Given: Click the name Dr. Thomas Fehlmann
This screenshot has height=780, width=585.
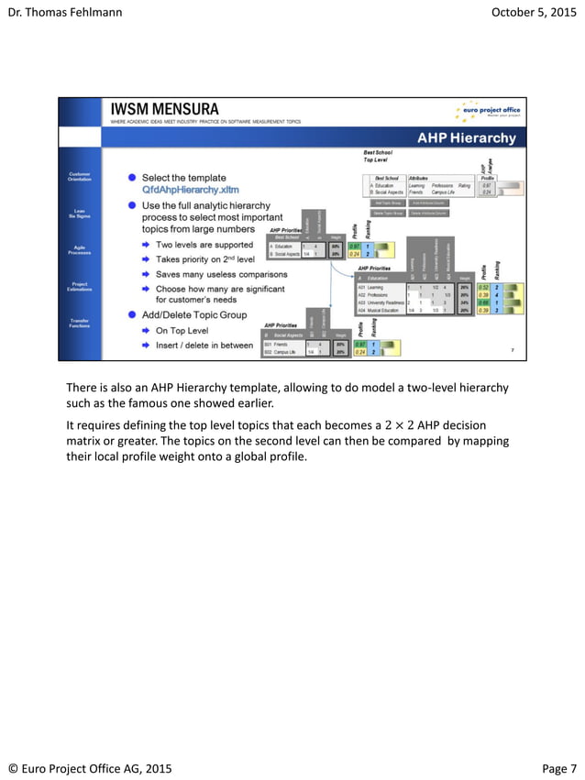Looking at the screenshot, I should click(x=64, y=12).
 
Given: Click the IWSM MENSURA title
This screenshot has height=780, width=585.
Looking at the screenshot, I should click(x=164, y=108).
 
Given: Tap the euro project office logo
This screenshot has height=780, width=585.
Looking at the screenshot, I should click(x=490, y=111).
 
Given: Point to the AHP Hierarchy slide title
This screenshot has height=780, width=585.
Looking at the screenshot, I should click(x=467, y=138).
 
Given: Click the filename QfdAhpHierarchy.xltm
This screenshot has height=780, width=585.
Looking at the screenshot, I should click(x=190, y=190).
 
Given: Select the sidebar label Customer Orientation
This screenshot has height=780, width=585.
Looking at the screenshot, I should click(x=80, y=176).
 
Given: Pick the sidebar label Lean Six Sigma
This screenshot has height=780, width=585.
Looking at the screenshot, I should click(x=80, y=214).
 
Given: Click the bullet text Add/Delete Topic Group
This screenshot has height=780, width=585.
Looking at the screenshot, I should click(x=194, y=314).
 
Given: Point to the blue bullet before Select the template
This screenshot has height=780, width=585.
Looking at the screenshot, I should click(x=132, y=177).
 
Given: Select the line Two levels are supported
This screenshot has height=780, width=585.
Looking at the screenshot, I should click(x=204, y=245).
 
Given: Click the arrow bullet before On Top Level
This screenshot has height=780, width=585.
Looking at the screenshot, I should click(x=146, y=330).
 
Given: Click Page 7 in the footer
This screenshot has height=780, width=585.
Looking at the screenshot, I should click(x=559, y=768).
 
